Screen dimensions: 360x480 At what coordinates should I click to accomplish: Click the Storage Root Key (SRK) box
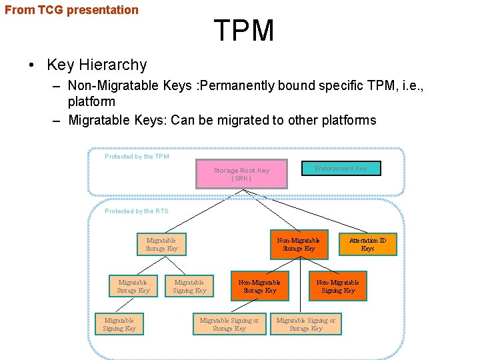[x=241, y=173]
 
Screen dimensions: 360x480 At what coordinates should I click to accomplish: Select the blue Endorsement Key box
[x=341, y=169]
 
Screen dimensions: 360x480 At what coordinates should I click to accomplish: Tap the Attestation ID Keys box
[x=367, y=244]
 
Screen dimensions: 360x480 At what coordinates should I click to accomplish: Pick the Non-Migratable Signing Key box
[x=337, y=286]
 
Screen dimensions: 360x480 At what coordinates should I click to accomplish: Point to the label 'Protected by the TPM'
[x=137, y=157]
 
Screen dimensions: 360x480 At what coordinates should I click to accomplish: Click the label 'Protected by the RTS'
[x=137, y=211]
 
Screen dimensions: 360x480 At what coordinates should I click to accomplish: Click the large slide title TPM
[x=244, y=31]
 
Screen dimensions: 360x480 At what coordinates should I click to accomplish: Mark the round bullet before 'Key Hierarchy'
[x=32, y=65]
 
